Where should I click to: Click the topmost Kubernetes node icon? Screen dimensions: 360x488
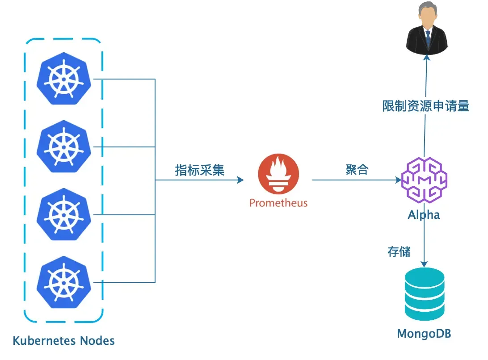click(x=64, y=80)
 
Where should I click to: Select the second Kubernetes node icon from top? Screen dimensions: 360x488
click(x=64, y=147)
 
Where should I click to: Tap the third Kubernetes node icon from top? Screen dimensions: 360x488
click(x=64, y=214)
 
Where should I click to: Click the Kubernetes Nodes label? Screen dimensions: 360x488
click(x=63, y=341)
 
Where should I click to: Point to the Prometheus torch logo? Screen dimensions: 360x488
click(x=278, y=174)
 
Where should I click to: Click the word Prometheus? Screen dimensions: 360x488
click(x=278, y=203)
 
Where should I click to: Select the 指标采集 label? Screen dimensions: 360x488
click(x=199, y=170)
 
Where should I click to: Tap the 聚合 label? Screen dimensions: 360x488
click(x=357, y=170)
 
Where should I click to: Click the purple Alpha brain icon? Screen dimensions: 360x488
click(x=424, y=180)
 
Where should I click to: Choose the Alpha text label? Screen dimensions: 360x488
click(x=424, y=215)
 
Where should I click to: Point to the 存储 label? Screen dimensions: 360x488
click(x=399, y=251)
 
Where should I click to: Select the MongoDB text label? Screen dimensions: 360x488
click(x=424, y=334)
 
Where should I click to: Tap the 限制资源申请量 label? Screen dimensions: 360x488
click(x=425, y=106)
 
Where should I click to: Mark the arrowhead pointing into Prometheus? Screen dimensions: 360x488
click(x=240, y=180)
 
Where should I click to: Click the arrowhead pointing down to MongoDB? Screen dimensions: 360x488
click(x=424, y=264)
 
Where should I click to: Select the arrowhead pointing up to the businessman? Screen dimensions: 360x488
click(x=426, y=57)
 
